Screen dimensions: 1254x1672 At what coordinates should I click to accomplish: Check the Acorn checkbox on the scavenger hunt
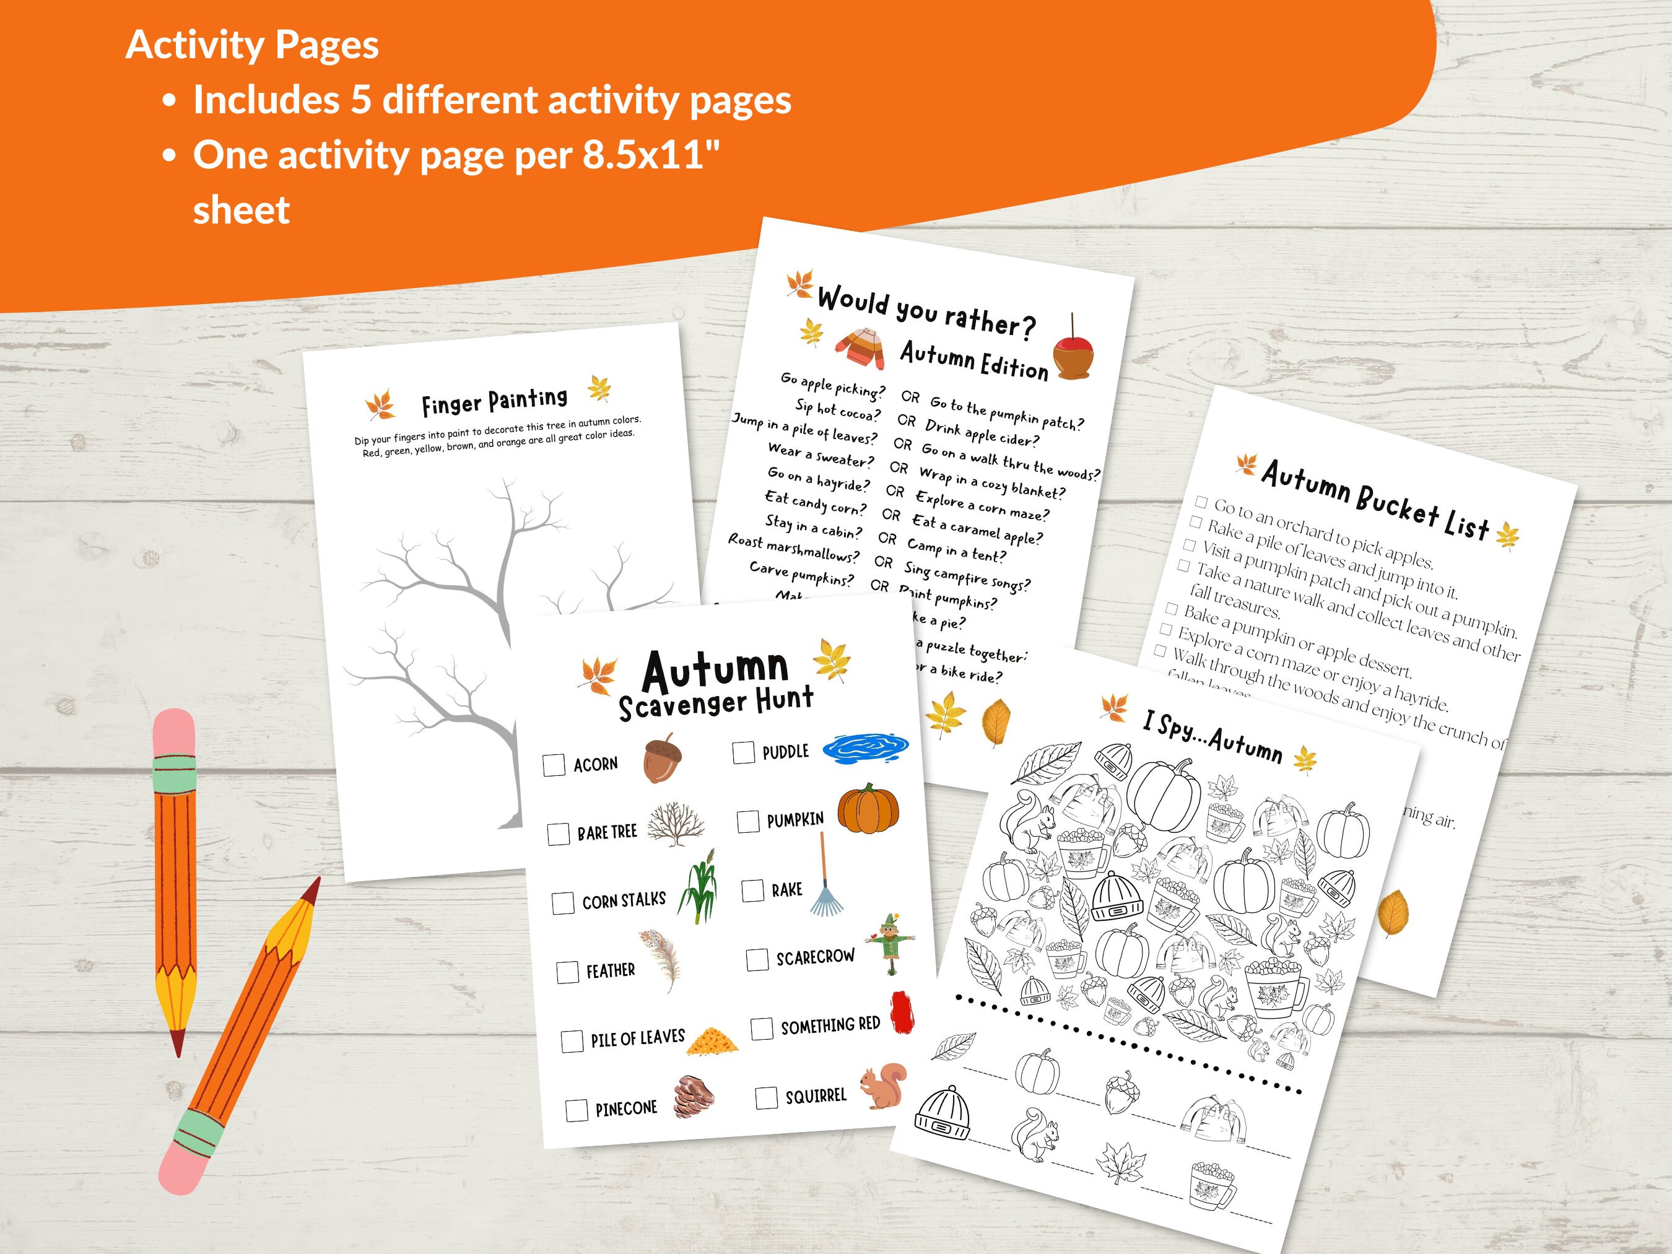[554, 764]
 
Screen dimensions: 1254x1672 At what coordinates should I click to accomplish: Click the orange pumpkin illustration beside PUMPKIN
[868, 808]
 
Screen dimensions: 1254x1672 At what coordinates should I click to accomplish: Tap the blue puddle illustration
[864, 747]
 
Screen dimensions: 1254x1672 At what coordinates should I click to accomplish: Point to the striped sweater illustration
[861, 349]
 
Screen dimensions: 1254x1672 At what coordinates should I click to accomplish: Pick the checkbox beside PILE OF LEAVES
[572, 1042]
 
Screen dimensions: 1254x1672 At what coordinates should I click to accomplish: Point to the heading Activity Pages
[251, 45]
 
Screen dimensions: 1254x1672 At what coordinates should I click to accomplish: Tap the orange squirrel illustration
[883, 1086]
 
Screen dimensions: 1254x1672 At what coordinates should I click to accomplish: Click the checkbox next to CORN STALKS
[562, 903]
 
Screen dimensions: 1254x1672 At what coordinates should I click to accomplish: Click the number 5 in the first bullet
[360, 100]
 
